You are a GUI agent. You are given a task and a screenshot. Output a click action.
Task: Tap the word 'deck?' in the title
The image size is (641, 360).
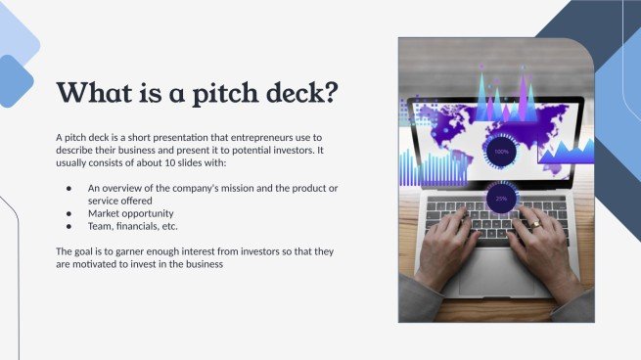(x=295, y=93)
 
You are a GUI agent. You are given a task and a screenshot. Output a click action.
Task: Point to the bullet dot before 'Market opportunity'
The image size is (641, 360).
(x=68, y=212)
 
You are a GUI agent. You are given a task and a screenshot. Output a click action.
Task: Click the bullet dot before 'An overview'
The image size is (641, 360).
(x=68, y=187)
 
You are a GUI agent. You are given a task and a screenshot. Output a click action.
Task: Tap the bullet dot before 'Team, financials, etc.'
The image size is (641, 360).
(x=68, y=225)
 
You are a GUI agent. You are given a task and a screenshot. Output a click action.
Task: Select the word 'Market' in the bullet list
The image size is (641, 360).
(x=105, y=212)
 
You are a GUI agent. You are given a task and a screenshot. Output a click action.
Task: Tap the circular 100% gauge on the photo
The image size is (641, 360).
(x=501, y=152)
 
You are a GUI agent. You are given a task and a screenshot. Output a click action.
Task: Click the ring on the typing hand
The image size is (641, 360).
(x=535, y=224)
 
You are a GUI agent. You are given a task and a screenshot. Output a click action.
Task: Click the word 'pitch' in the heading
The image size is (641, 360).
(x=215, y=93)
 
